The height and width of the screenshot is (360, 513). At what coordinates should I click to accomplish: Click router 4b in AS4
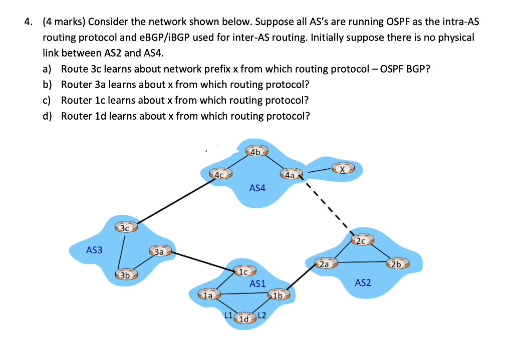coord(255,152)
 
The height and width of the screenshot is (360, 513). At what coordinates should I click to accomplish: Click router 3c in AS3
coord(125,228)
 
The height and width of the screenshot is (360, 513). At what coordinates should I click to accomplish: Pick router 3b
coord(125,275)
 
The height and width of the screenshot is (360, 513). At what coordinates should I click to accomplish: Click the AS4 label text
coord(258,188)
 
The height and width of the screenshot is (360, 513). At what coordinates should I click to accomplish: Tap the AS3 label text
coord(94,249)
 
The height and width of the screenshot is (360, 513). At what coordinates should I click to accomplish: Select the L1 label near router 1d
coord(228,315)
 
